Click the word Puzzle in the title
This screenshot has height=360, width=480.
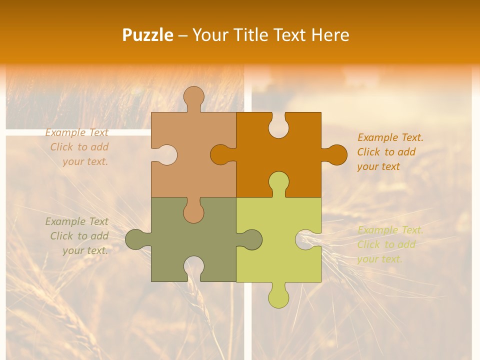click(x=148, y=35)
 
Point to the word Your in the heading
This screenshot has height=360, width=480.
click(x=210, y=35)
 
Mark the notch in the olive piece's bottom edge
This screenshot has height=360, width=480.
click(x=193, y=268)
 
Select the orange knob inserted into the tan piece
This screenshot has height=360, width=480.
click(x=221, y=154)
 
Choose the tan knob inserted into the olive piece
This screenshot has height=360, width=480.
click(x=193, y=211)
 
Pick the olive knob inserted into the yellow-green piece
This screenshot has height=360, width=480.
click(x=251, y=239)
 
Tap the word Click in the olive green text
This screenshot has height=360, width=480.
click(x=61, y=236)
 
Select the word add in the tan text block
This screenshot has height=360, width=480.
click(x=100, y=147)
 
